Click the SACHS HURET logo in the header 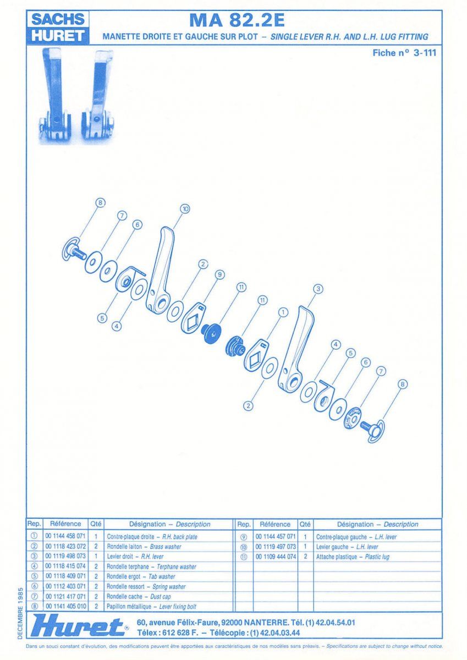58,28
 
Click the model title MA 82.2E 237,20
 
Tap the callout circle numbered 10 185,209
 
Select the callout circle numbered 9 219,274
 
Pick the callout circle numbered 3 317,289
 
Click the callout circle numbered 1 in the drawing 283,312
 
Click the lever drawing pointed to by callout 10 161,269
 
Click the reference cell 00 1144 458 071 65,536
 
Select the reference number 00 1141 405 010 65,606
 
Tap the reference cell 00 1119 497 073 275,547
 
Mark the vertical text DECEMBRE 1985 20,613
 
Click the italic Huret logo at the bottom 80,626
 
